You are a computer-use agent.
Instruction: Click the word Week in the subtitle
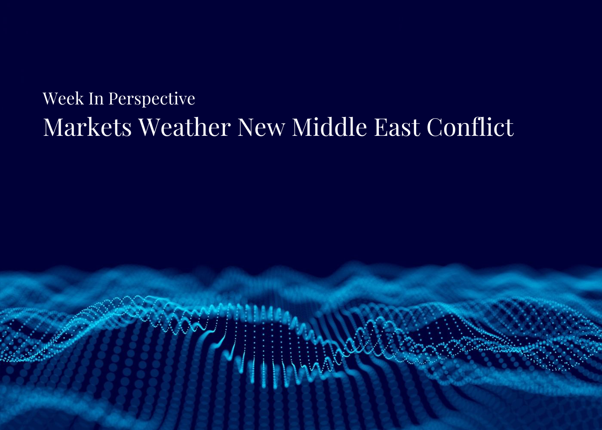[x=63, y=99]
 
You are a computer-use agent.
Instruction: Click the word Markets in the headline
[x=87, y=127]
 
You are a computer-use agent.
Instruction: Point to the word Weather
[x=184, y=127]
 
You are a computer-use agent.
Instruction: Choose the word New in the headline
[x=261, y=127]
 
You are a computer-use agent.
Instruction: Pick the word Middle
[x=329, y=127]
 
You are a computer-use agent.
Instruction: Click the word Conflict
[x=470, y=127]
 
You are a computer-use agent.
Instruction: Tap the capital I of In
[x=92, y=99]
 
